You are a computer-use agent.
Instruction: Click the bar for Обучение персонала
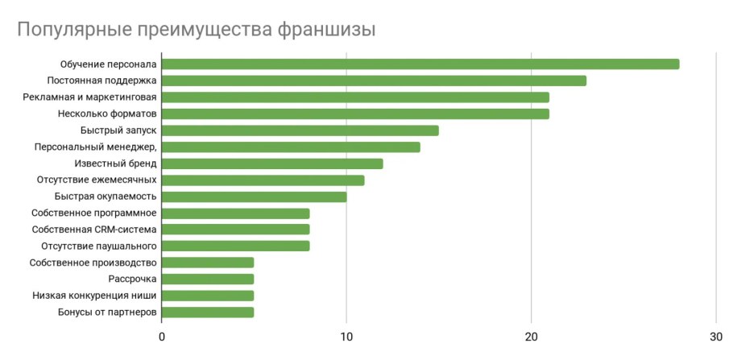pyautogui.click(x=420, y=64)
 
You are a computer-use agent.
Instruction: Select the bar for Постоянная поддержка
pyautogui.click(x=374, y=81)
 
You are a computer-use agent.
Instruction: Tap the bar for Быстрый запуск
pyautogui.click(x=300, y=130)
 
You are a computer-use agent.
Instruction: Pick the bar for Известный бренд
pyautogui.click(x=272, y=163)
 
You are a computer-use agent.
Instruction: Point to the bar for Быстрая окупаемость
pyautogui.click(x=255, y=197)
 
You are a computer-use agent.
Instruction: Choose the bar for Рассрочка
pyautogui.click(x=208, y=279)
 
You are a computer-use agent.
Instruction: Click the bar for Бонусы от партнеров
pyautogui.click(x=208, y=312)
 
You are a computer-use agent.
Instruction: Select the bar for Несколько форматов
pyautogui.click(x=355, y=114)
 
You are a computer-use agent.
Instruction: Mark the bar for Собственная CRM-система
pyautogui.click(x=236, y=230)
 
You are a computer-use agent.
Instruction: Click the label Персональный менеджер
pyautogui.click(x=95, y=147)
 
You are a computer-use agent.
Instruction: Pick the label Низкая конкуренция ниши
pyautogui.click(x=94, y=296)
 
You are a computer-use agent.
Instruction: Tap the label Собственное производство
pyautogui.click(x=93, y=263)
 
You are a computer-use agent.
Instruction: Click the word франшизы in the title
pyautogui.click(x=325, y=31)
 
